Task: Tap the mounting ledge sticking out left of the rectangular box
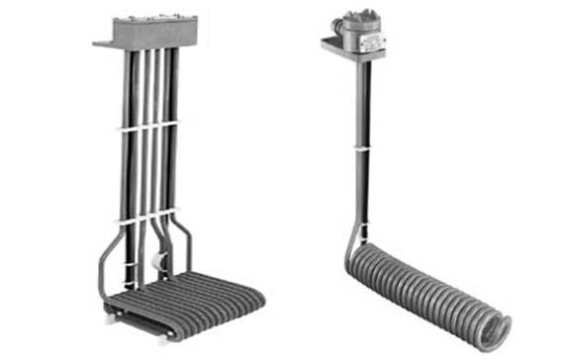click(x=105, y=43)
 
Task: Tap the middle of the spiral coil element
click(x=425, y=287)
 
